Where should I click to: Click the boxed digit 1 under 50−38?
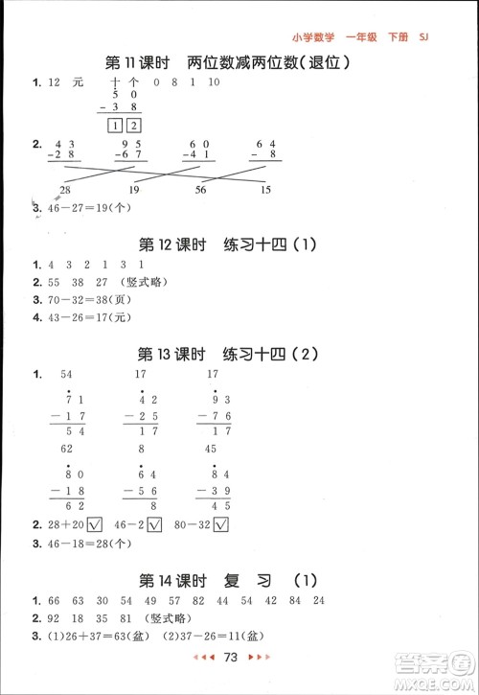(115, 126)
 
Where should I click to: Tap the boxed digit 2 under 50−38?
(133, 126)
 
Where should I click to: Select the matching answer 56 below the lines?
(200, 190)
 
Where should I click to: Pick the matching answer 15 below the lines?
(265, 190)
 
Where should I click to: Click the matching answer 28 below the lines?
(64, 190)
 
